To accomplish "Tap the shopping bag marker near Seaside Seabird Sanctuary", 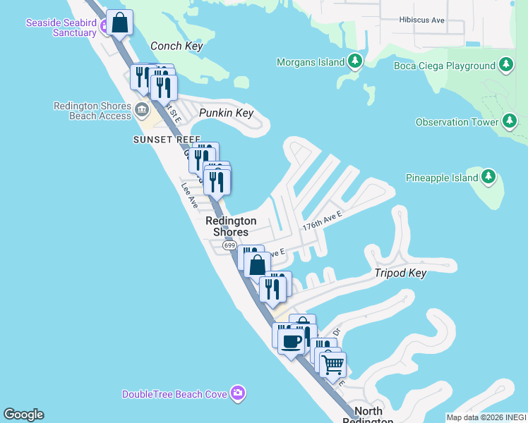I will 121,23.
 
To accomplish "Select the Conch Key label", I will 176,47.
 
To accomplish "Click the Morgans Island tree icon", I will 355,62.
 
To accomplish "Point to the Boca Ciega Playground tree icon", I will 505,66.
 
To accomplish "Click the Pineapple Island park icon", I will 489,178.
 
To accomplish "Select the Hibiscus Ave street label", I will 421,20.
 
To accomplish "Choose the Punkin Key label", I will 225,113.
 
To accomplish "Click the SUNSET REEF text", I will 167,140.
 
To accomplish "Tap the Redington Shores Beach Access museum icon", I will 142,109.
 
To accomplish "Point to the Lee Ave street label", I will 189,196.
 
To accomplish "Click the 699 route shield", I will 229,245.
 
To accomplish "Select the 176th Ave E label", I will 322,223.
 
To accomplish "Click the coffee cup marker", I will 291,342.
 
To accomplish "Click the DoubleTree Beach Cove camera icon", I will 239,393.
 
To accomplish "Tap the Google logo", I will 23,415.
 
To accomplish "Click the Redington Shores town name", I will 231,226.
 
